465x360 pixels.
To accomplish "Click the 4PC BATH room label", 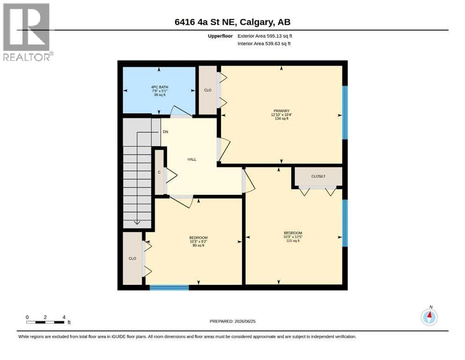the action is tap(160, 87).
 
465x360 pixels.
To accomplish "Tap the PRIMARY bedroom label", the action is tap(281, 111).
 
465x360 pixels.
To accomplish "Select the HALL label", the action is tap(192, 159).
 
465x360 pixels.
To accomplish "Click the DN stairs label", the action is tap(165, 132).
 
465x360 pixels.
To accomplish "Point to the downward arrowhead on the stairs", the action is tap(137, 222).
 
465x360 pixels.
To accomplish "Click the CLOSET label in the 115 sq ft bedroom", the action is tap(318, 176).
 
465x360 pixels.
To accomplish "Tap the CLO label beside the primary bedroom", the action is tap(207, 90).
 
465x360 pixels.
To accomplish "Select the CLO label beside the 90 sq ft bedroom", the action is tap(132, 258).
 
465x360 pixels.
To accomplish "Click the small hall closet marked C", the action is tap(159, 172).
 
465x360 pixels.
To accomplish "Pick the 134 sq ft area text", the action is tap(281, 119).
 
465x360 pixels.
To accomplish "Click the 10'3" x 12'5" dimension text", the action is tap(293, 237).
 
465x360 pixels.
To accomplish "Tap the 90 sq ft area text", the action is tap(199, 246).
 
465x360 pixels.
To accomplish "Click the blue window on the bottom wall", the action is tap(169, 287).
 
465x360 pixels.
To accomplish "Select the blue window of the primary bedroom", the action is tap(345, 112).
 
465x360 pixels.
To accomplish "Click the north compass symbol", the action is tap(429, 317).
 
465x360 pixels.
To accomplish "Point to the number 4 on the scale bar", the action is tap(64, 317).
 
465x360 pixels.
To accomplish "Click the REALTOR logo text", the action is tap(27, 57).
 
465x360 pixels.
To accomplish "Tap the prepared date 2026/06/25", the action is tap(245, 321).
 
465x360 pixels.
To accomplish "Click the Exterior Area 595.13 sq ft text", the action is tap(265, 36).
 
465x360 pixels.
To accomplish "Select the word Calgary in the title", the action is tap(257, 22).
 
